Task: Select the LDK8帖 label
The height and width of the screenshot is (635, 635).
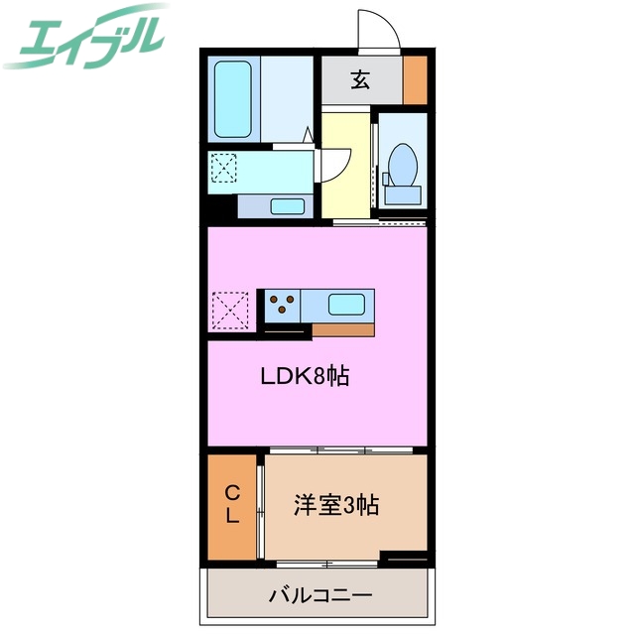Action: click(x=305, y=377)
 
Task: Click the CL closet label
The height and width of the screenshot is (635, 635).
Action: click(x=231, y=504)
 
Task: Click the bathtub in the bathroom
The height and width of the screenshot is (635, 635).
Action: click(x=234, y=100)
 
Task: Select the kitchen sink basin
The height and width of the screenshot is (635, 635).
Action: click(x=346, y=304)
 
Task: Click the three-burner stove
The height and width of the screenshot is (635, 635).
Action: click(x=282, y=304)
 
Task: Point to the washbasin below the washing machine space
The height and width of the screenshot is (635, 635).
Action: click(x=288, y=206)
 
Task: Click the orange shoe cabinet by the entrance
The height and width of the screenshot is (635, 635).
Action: click(x=416, y=80)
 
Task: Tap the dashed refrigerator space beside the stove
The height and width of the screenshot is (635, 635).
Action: click(x=230, y=310)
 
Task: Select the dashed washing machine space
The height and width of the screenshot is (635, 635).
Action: click(x=224, y=168)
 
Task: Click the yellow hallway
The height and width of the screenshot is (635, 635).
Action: click(x=344, y=164)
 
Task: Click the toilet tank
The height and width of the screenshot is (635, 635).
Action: click(x=403, y=193)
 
